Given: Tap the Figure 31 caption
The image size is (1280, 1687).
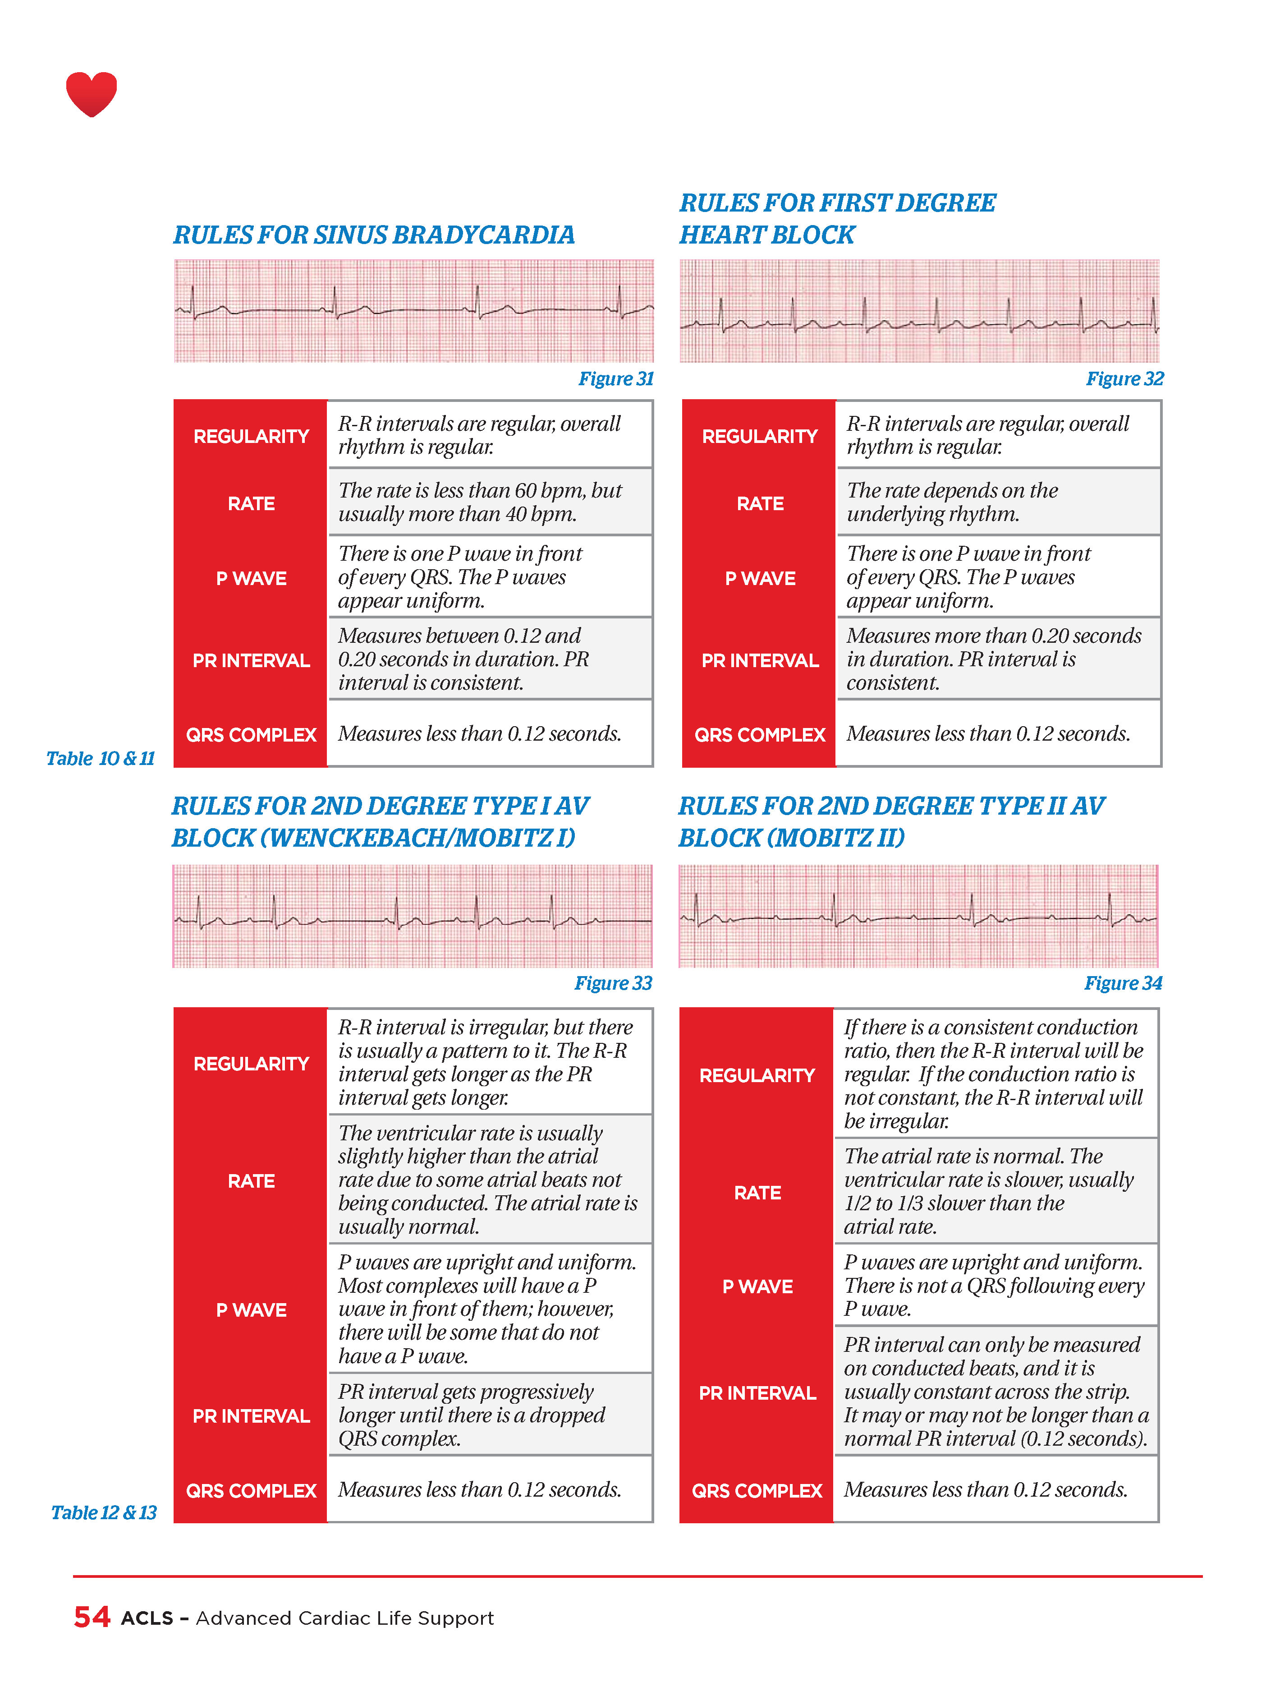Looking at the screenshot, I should coord(615,378).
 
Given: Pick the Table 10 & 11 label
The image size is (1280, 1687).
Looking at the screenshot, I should coord(100,758).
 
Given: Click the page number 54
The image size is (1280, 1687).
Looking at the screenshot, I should coord(92,1617).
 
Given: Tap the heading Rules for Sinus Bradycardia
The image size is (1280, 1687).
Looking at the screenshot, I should coord(374,235).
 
